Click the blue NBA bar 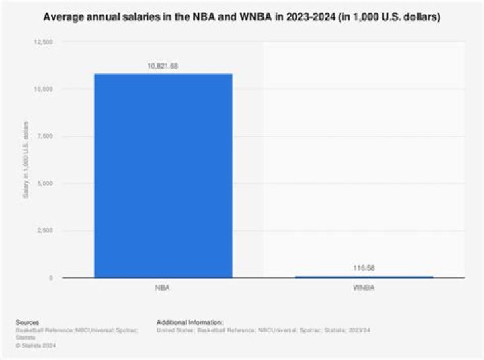pos(163,175)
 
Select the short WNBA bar pos(364,276)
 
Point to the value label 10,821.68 pos(163,66)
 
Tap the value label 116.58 pos(364,268)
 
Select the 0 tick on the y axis pos(51,278)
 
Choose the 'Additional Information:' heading pos(190,322)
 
